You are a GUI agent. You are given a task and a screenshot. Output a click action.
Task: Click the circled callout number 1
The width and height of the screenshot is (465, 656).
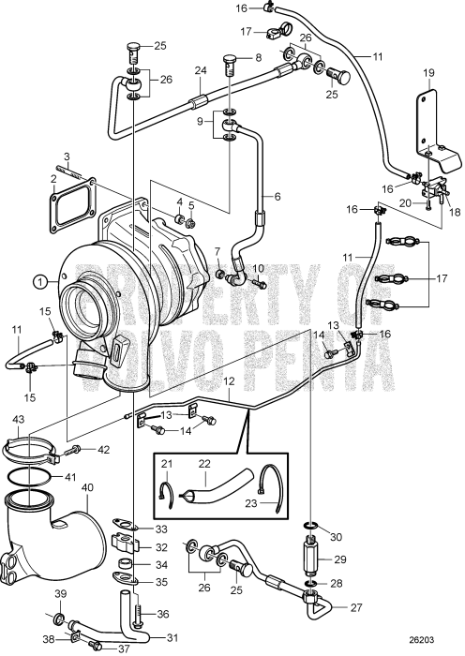tap(39, 279)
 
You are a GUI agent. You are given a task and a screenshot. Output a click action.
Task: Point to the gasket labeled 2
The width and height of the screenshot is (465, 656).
tap(54, 177)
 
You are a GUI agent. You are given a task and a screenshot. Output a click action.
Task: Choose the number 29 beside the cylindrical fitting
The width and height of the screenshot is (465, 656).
tap(339, 559)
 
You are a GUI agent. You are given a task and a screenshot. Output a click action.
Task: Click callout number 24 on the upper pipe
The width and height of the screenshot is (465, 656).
tap(199, 70)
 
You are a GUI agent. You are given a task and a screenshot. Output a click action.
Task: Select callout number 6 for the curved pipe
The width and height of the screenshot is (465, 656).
tap(277, 196)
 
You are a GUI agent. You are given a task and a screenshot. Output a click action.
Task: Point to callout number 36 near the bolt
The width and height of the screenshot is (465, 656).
tap(161, 615)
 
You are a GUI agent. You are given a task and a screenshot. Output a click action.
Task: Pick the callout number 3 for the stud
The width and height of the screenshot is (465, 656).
tap(67, 157)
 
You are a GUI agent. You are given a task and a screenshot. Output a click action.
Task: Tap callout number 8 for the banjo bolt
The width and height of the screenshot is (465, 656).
tap(258, 57)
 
